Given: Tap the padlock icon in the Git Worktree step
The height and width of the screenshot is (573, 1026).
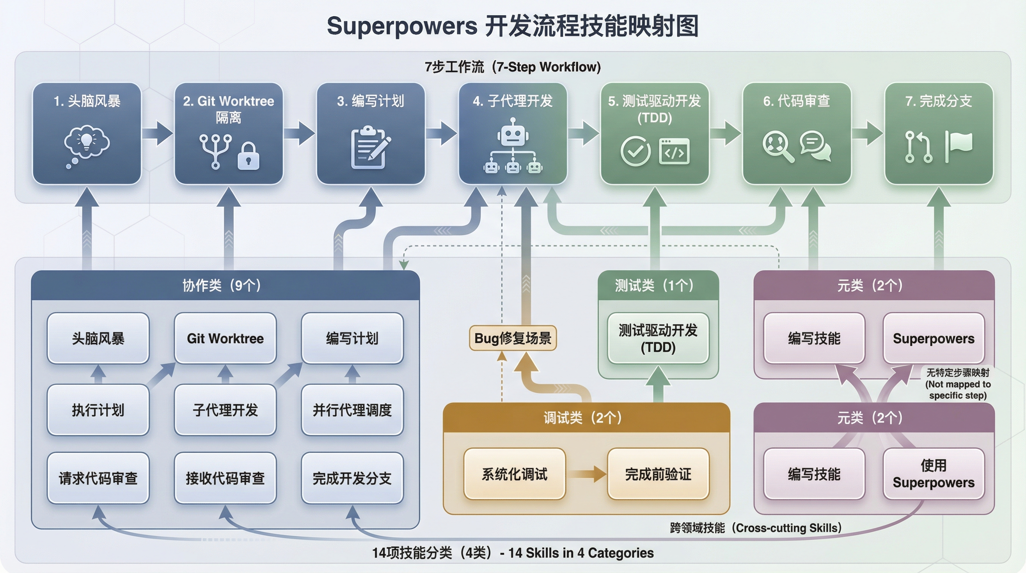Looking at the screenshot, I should tap(249, 156).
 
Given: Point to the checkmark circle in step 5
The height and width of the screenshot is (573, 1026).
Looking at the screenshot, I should tap(635, 151).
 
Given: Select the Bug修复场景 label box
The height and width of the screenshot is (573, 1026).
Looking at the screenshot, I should tap(513, 338).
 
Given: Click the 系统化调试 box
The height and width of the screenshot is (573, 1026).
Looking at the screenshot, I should tap(514, 474).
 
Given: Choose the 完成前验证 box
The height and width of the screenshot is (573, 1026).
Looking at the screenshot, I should tap(658, 474).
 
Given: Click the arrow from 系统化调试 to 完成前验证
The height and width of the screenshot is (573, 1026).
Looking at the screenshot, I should tap(586, 474).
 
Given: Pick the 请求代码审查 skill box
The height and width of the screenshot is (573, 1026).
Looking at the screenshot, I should tap(98, 478).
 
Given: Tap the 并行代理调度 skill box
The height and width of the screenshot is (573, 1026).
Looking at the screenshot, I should tap(352, 410).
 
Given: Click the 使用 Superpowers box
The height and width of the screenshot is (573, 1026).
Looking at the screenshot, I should tap(933, 474).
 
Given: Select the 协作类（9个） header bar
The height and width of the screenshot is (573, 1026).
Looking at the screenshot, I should tap(225, 285).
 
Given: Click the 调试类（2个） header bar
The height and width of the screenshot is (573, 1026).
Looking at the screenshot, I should tap(586, 417).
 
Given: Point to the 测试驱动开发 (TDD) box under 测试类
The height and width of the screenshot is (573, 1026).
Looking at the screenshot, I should tap(658, 338).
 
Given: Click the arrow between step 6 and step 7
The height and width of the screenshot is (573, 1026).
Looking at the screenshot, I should tap(868, 133).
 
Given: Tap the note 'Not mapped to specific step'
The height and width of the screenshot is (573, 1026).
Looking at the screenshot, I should tap(957, 384).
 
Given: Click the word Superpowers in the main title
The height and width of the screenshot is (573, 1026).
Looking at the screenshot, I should tap(402, 26).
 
